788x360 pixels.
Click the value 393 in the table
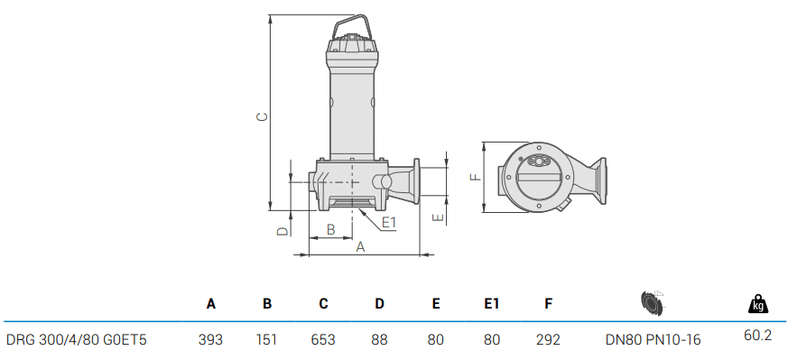[x=211, y=340]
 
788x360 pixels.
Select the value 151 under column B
[x=266, y=340]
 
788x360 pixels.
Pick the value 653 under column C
[x=323, y=340]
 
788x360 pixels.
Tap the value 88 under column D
[x=379, y=340]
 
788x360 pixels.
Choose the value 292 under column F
[x=548, y=340]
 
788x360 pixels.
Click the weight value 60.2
[x=757, y=335]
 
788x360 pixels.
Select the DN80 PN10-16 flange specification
[x=653, y=340]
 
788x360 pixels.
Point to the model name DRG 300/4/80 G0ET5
[x=77, y=340]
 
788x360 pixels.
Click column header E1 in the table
[x=492, y=304]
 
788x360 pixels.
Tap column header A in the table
[x=211, y=304]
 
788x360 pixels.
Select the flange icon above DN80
[x=651, y=302]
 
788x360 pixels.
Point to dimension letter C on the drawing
[x=261, y=116]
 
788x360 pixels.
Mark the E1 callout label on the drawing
[x=389, y=222]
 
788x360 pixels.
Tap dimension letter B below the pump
[x=330, y=230]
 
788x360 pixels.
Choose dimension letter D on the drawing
[x=282, y=232]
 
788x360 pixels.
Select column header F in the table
[x=548, y=304]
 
